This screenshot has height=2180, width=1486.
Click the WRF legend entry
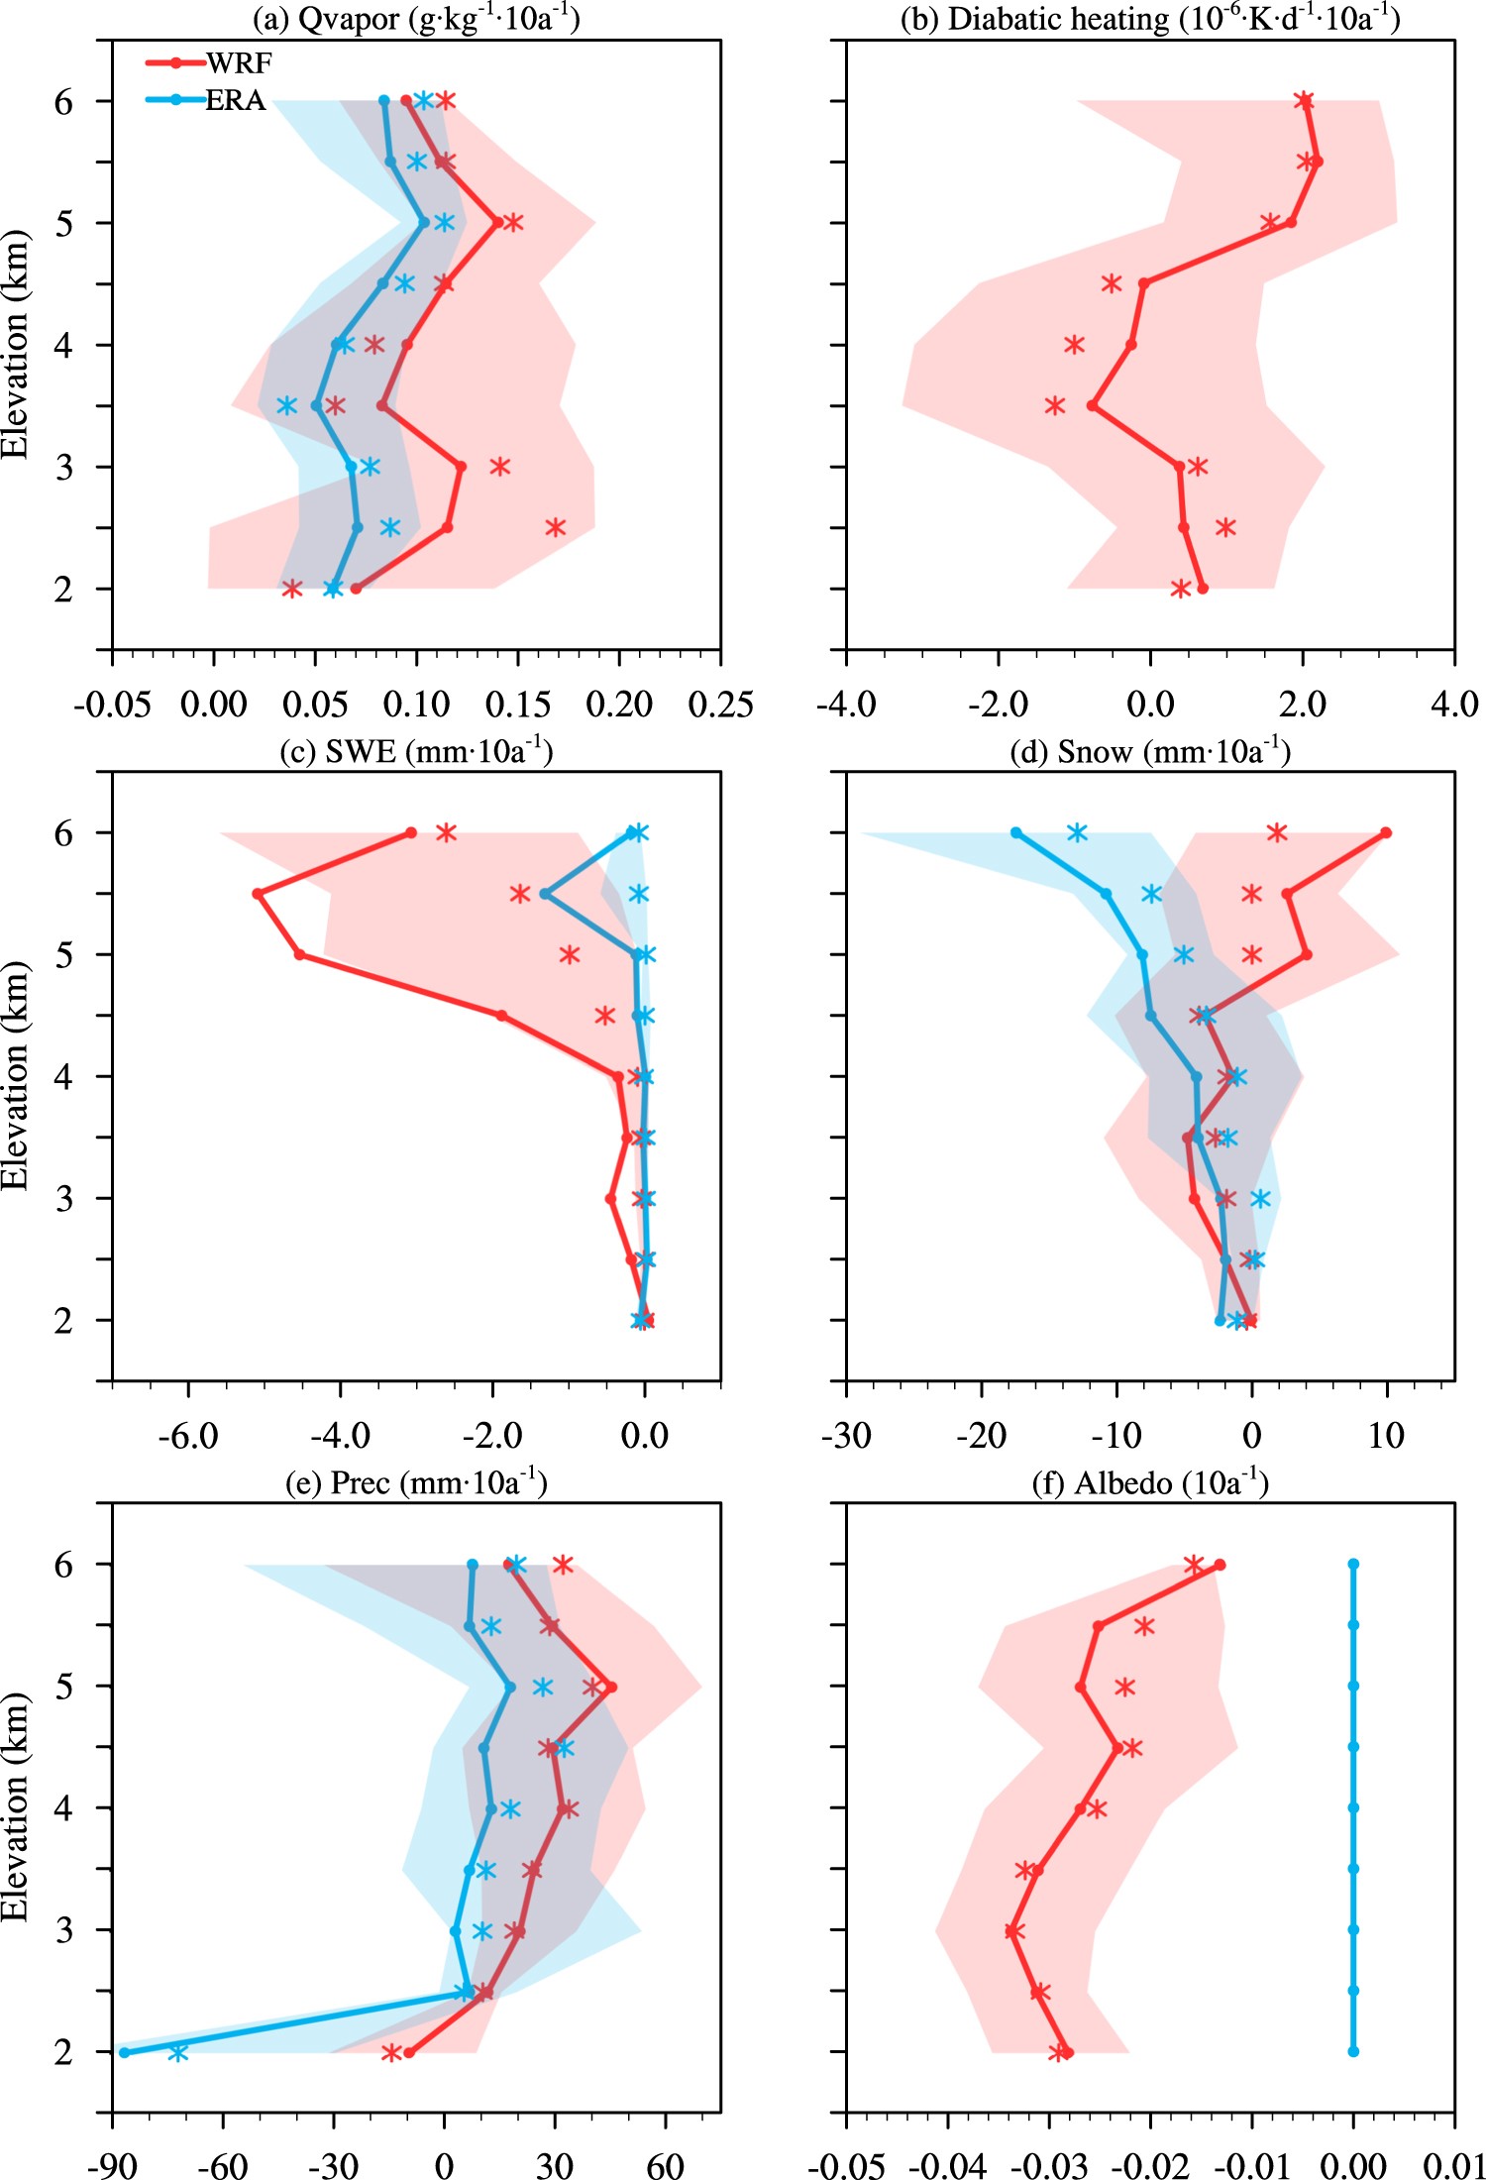pos(238,63)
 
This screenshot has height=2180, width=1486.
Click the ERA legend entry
pos(235,100)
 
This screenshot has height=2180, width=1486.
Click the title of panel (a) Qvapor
pos(416,19)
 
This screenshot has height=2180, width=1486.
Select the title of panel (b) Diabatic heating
pos(1149,19)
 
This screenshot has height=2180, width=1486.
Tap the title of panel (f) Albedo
pos(1149,1483)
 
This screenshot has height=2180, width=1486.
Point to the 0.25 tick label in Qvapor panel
pos(720,705)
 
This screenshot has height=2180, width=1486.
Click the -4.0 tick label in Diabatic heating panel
pos(846,705)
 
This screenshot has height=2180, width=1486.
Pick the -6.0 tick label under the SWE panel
pos(188,1436)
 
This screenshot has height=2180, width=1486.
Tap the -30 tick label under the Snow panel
pos(846,1436)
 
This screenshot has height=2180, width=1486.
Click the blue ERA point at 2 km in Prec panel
pos(124,2052)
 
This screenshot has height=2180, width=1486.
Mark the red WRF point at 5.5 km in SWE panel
pos(258,894)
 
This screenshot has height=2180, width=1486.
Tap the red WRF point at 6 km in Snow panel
pos(1386,832)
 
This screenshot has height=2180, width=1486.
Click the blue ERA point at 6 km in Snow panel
pos(1016,832)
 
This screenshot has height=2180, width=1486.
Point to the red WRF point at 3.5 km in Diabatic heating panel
pos(1092,405)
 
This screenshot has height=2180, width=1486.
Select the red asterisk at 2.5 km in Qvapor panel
pos(555,527)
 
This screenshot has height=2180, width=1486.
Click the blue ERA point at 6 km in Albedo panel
pos(1353,1565)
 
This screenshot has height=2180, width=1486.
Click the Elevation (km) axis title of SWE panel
pos(16,1075)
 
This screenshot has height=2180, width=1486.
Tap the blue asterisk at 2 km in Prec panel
pos(177,2052)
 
